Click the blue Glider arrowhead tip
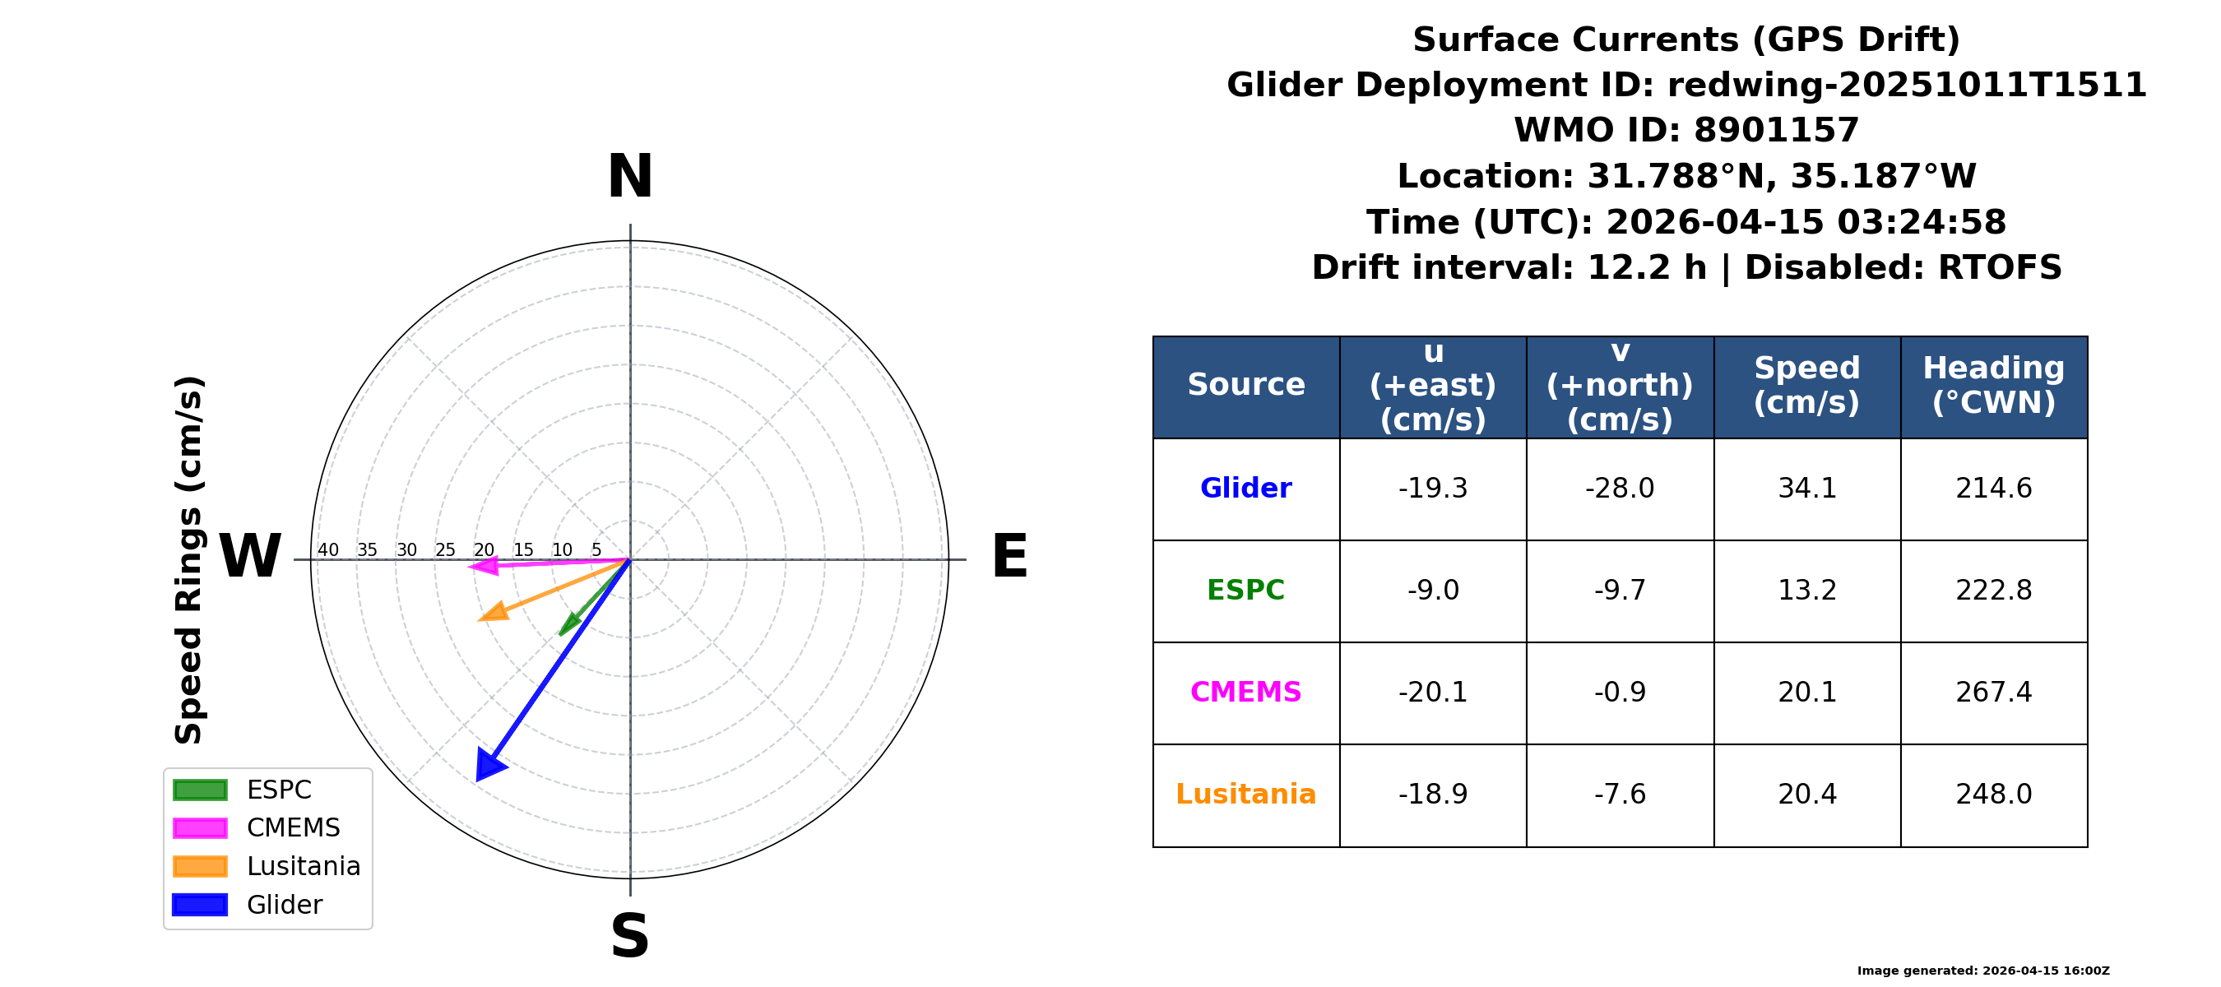(x=477, y=782)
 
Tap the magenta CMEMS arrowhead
(x=484, y=567)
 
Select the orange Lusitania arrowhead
(x=494, y=612)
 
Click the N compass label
(x=630, y=177)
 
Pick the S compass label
(x=630, y=936)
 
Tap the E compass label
(x=1009, y=556)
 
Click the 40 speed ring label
(x=327, y=550)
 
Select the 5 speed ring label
(x=596, y=550)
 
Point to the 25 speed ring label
(x=445, y=550)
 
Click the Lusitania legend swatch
(x=200, y=866)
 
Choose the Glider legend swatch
(x=200, y=905)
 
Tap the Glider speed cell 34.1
(x=1807, y=489)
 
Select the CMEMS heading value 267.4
(x=1993, y=693)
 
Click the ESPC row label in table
(x=1246, y=591)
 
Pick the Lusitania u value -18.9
(x=1433, y=794)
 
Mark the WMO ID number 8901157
(x=1776, y=130)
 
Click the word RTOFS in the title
(x=2000, y=267)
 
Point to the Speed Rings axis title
(x=189, y=560)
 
